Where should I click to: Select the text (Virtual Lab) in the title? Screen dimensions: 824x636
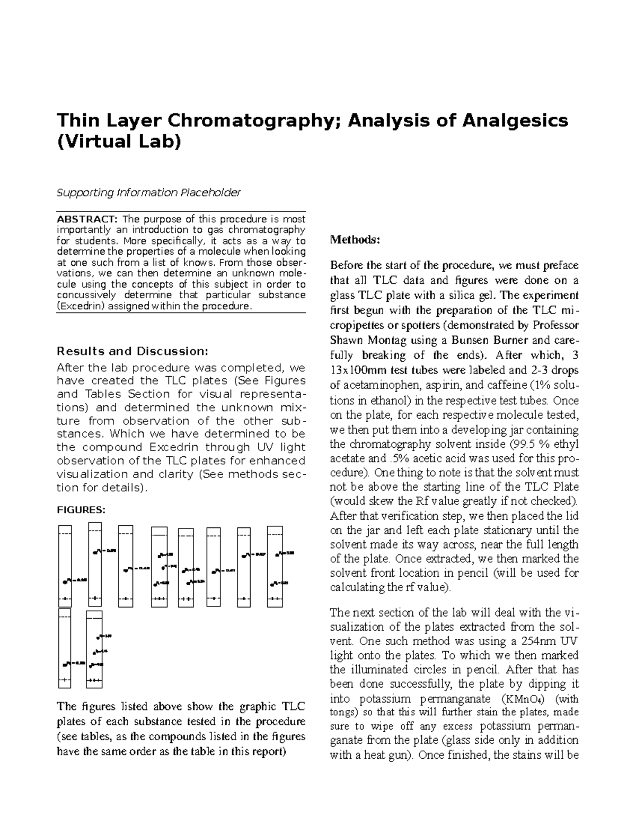[x=119, y=142]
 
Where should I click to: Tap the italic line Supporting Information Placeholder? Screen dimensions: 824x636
[x=148, y=192]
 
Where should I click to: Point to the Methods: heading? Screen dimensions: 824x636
[x=355, y=239]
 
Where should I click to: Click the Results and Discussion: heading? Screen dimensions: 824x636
[x=132, y=351]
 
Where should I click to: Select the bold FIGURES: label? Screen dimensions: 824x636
[x=81, y=510]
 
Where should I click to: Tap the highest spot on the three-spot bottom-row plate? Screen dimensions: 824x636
[x=98, y=636]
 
